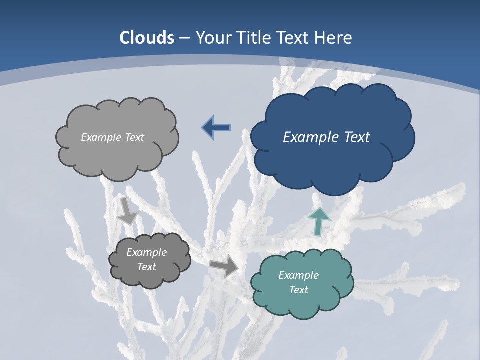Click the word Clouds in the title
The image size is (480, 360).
click(x=147, y=38)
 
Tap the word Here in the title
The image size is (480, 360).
click(x=334, y=38)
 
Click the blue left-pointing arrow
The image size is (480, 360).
click(x=216, y=128)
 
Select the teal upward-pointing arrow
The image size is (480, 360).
click(x=319, y=221)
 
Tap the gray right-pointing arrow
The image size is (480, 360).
click(x=224, y=266)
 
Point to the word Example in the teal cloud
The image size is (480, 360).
click(x=298, y=275)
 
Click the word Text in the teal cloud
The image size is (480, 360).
click(x=298, y=290)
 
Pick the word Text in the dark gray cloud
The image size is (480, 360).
click(x=146, y=267)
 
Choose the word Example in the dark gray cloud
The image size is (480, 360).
click(x=146, y=252)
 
